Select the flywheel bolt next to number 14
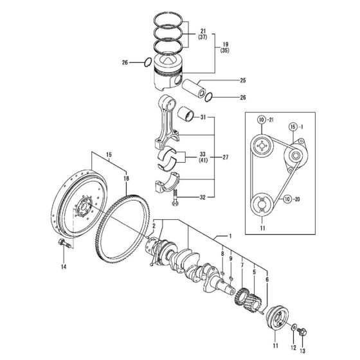click(x=64, y=244)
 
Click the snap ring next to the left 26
click(x=147, y=62)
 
